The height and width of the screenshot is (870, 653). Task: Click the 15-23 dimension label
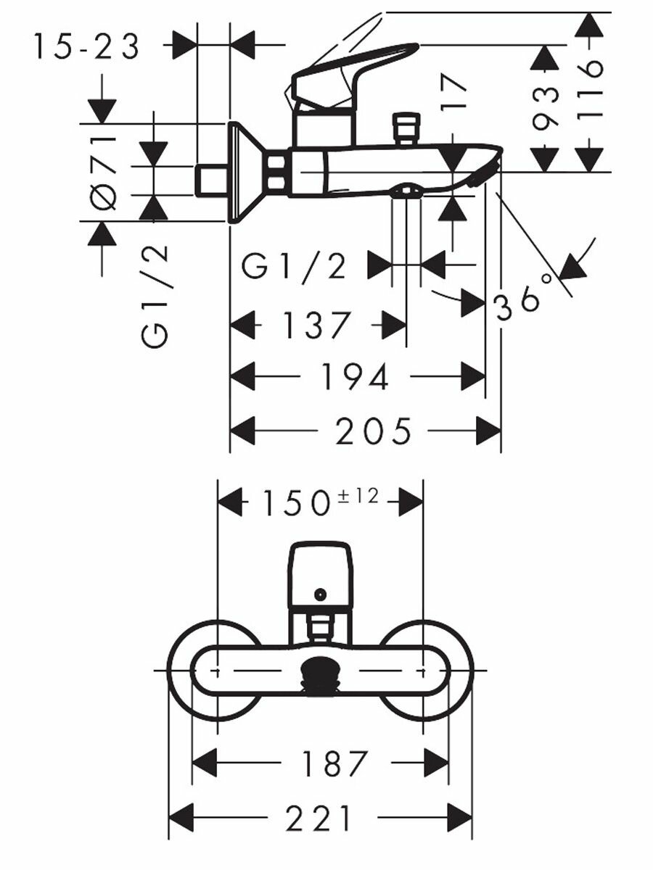pyautogui.click(x=87, y=46)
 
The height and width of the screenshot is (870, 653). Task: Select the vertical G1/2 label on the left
pyautogui.click(x=155, y=297)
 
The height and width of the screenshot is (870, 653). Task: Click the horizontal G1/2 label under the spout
pyautogui.click(x=294, y=267)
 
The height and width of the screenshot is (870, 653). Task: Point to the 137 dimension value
pyautogui.click(x=318, y=325)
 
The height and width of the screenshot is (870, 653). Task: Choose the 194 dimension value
pyautogui.click(x=355, y=376)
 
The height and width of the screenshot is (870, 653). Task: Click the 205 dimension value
pyautogui.click(x=373, y=431)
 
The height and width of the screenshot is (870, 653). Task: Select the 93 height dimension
pyautogui.click(x=546, y=109)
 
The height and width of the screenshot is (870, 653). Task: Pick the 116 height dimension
pyautogui.click(x=590, y=91)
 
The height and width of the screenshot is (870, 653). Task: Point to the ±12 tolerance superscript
pyautogui.click(x=358, y=497)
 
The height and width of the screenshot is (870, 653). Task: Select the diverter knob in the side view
pyautogui.click(x=405, y=129)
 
